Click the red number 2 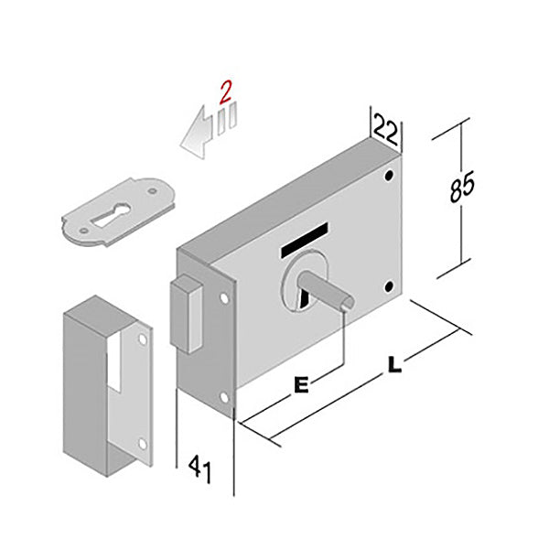[225, 92]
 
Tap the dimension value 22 [386, 129]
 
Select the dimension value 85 [461, 187]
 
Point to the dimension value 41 [200, 469]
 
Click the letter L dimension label [394, 364]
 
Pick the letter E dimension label [301, 385]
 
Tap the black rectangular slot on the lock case [304, 240]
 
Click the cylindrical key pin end [347, 304]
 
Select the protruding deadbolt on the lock [187, 313]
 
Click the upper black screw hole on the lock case [389, 175]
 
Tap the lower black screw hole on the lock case [389, 286]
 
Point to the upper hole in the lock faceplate [224, 298]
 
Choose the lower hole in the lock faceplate [224, 397]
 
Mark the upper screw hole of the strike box [143, 339]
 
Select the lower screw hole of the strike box [143, 444]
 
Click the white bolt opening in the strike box [114, 361]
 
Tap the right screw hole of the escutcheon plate [152, 191]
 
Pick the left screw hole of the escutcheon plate [83, 231]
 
